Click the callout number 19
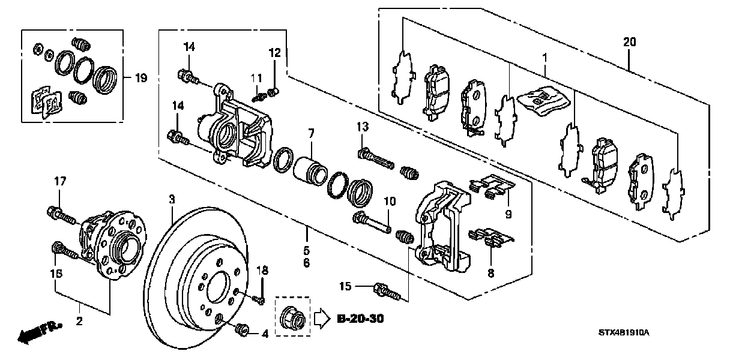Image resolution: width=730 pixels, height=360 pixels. coord(140,78)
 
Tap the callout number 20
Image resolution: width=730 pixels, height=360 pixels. coord(629,42)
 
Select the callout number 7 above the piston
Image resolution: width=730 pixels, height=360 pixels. coord(311,133)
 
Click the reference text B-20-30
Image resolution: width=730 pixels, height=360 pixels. coord(360,318)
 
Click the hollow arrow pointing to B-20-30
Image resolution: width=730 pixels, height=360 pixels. coord(322,317)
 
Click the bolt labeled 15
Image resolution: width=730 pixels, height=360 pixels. coord(386,292)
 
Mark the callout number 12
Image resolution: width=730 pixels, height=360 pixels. coord(274,53)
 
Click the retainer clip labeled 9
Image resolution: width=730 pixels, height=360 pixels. coord(492,186)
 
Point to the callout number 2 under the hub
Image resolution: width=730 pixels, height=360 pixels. coord(79,322)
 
